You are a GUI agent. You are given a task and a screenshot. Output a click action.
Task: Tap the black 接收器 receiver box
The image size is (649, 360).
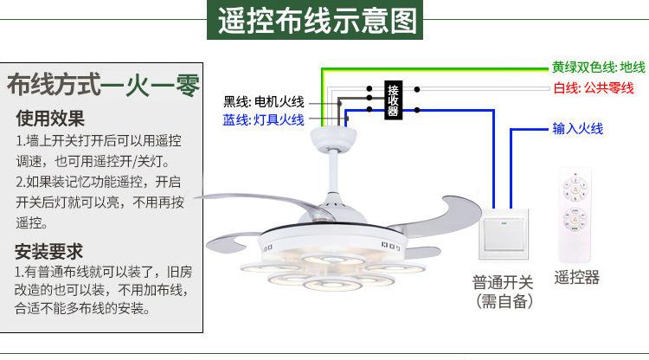point(393,100)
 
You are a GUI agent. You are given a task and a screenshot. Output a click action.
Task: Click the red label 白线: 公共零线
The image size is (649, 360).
point(594,87)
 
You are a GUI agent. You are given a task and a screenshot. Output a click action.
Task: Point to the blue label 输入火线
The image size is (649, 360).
point(578,129)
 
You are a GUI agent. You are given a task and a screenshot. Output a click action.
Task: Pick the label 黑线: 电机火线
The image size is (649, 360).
point(263,100)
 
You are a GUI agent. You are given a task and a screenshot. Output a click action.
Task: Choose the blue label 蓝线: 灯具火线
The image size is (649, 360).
point(263,119)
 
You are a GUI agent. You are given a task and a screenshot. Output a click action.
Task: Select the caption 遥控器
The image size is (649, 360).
point(576,277)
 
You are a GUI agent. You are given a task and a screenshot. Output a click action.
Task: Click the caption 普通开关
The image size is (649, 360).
point(503,281)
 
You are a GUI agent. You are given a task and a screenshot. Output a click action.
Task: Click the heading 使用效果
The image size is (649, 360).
point(50,118)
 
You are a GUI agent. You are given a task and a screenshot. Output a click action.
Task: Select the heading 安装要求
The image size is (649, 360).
point(50,252)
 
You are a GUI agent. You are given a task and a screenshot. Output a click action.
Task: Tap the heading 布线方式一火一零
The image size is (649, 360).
point(102,85)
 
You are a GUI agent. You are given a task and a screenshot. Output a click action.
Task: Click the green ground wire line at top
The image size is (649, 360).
point(433,67)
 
